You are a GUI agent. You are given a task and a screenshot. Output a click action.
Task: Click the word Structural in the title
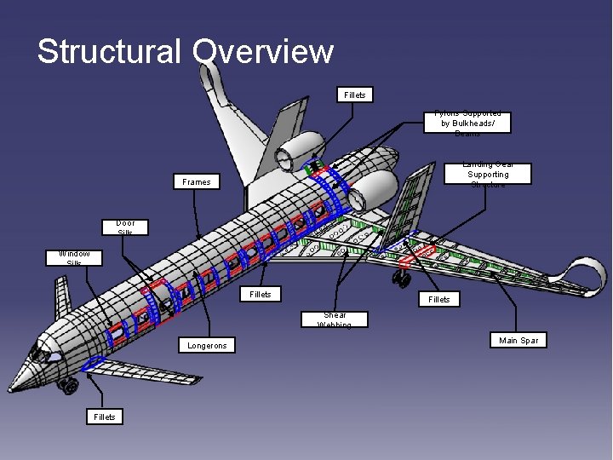pyautogui.click(x=109, y=51)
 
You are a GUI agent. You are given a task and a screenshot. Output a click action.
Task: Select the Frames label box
pyautogui.click(x=196, y=181)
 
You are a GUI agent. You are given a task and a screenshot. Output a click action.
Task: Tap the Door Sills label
pyautogui.click(x=125, y=227)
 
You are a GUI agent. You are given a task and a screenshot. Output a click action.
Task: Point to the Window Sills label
pyautogui.click(x=74, y=257)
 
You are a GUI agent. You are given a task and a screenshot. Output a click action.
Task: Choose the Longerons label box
pyautogui.click(x=209, y=345)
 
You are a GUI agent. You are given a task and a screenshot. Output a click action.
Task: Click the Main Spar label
pyautogui.click(x=518, y=341)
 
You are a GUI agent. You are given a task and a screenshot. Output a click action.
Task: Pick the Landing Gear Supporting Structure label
pyautogui.click(x=488, y=174)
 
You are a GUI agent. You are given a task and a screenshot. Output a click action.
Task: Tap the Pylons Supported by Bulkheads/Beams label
pyautogui.click(x=467, y=123)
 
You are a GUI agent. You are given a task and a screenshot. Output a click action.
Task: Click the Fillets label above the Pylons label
pyautogui.click(x=355, y=95)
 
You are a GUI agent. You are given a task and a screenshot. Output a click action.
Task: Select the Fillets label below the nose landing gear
pyautogui.click(x=104, y=417)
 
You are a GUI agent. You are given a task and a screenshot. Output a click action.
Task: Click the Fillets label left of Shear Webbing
pyautogui.click(x=261, y=294)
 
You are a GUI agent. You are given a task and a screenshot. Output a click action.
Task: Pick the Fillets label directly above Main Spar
pyautogui.click(x=439, y=299)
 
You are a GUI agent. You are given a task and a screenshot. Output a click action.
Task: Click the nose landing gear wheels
pyautogui.click(x=67, y=387)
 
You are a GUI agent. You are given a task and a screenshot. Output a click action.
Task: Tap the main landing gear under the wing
pyautogui.click(x=401, y=277)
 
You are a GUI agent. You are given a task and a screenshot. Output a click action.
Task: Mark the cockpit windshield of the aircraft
pyautogui.click(x=43, y=353)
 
